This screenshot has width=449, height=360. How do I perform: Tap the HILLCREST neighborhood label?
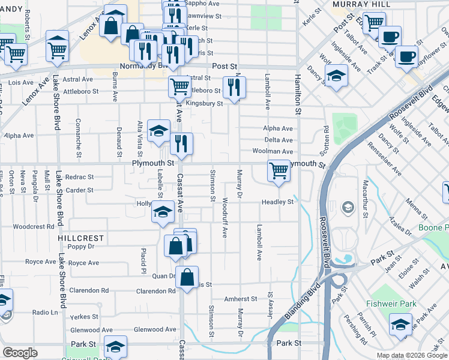point(81,238)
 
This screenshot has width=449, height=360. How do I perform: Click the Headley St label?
point(277,202)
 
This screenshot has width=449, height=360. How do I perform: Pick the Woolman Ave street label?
point(273,152)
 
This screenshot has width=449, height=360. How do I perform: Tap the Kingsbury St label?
point(204,103)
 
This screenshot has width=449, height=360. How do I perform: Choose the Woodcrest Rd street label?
point(34,227)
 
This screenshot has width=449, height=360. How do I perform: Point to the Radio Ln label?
point(45,313)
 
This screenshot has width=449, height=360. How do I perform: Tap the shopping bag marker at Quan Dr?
point(187,278)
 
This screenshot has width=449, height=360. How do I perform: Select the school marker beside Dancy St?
point(336,76)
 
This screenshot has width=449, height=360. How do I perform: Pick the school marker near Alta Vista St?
point(158,131)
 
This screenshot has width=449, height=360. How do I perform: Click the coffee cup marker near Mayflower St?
point(406,56)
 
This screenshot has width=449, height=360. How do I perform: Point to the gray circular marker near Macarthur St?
point(348,208)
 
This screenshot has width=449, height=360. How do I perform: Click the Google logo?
point(20,353)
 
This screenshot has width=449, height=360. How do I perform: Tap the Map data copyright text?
point(412,355)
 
